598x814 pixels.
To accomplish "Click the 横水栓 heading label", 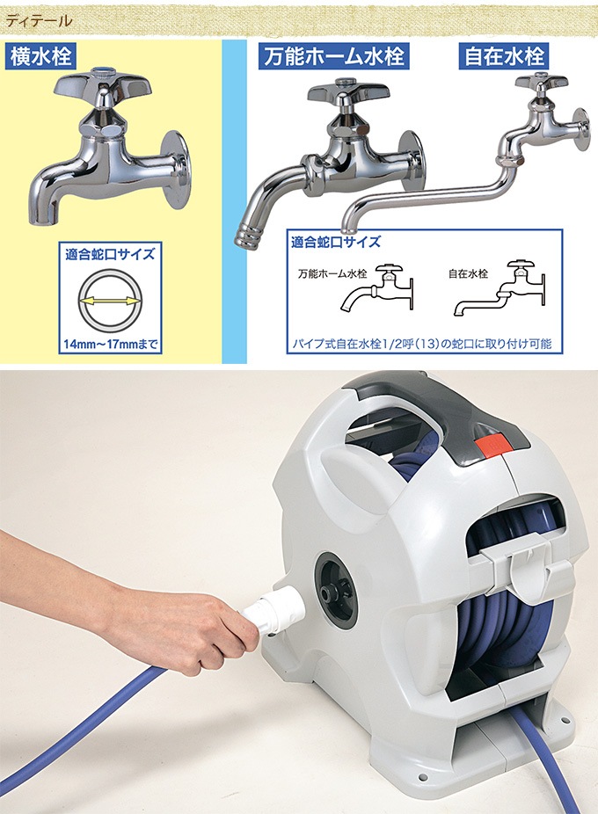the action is (x=40, y=55).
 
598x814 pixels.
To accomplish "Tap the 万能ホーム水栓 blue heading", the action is (x=333, y=56).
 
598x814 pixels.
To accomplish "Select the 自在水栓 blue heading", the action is (x=503, y=56).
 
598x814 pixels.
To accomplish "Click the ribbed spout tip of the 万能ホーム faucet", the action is (x=247, y=236).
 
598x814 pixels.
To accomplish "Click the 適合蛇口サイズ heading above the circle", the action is (x=110, y=254).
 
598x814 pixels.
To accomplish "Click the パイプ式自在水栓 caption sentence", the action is (x=423, y=343).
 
